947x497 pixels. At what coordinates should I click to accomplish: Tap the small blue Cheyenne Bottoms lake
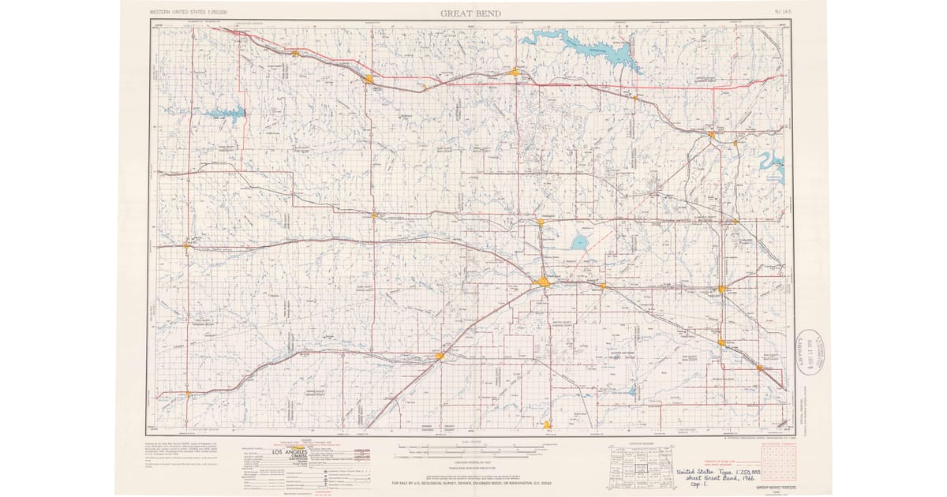click(x=580, y=242)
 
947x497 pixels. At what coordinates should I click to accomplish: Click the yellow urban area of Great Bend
click(x=543, y=282)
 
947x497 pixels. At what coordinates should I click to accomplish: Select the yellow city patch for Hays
click(x=369, y=79)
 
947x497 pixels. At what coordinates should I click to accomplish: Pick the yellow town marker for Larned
click(x=440, y=357)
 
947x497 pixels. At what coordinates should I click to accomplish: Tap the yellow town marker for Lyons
click(x=721, y=290)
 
